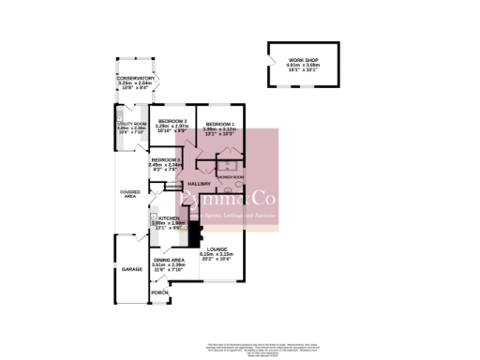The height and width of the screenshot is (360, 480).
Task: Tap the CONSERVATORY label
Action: coord(136,78)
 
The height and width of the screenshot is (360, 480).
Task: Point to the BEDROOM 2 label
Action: coord(172,124)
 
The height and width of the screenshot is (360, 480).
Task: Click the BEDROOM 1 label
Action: coord(220,124)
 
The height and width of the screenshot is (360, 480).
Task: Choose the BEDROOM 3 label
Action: coord(164,160)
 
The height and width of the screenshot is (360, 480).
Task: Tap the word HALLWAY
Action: coord(199,184)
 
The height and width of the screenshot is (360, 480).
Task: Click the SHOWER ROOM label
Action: coord(231,176)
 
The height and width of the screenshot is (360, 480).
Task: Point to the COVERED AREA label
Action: coord(130,194)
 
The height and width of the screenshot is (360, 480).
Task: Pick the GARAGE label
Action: coord(131,269)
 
